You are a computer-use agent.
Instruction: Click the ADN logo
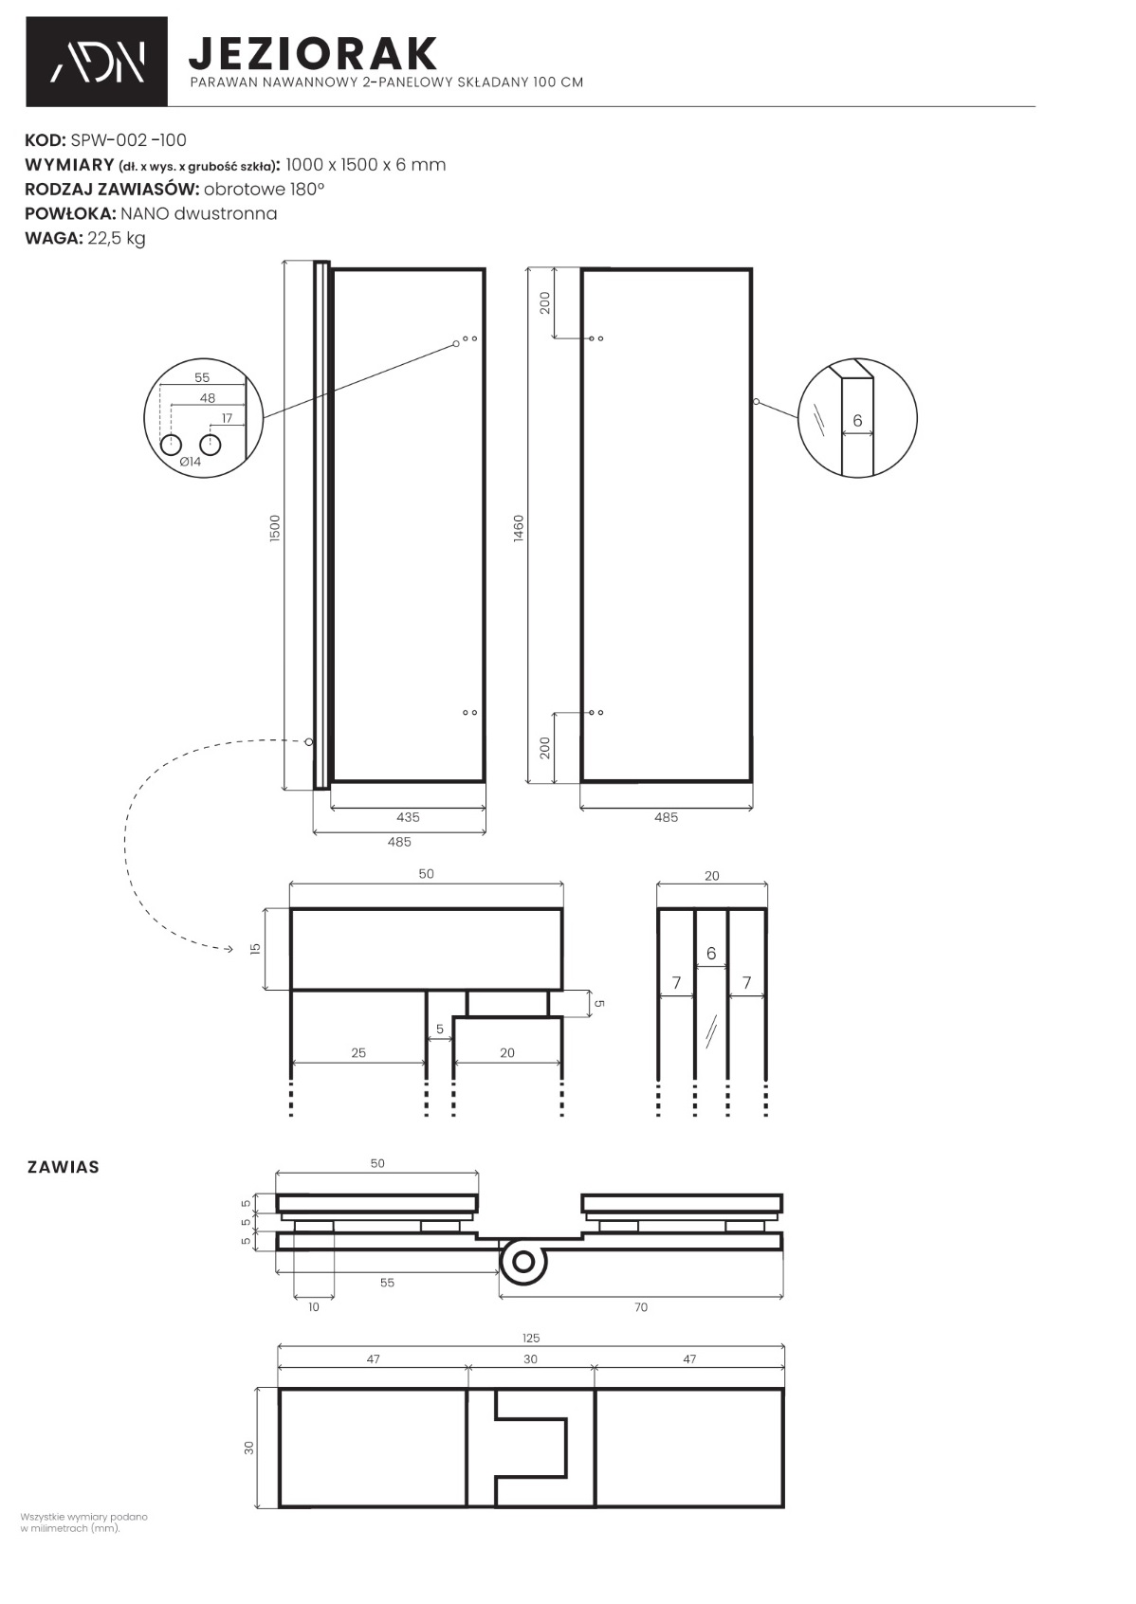pos(97,62)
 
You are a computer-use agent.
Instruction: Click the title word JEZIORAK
pos(313,53)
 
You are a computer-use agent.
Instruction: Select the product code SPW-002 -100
pos(128,139)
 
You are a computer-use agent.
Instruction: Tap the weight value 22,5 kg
pos(117,238)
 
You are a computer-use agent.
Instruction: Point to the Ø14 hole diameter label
pos(191,462)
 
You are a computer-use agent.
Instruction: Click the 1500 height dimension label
pos(276,528)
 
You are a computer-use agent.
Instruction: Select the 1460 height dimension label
pos(519,528)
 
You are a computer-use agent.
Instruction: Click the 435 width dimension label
pos(408,817)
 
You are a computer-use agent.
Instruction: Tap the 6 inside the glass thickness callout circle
pos(857,421)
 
